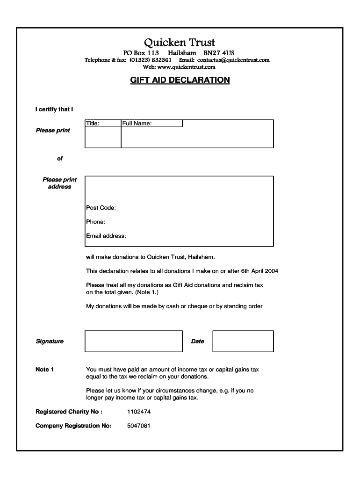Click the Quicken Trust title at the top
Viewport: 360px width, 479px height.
point(180,43)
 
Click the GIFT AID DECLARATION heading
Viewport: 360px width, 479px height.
point(180,80)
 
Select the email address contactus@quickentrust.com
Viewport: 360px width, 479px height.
point(233,60)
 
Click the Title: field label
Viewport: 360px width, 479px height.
point(92,123)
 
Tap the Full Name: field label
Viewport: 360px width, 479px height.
point(137,123)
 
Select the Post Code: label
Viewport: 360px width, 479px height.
point(101,208)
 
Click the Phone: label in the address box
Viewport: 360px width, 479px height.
point(95,222)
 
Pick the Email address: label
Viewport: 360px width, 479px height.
point(106,236)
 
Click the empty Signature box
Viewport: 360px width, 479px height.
point(133,341)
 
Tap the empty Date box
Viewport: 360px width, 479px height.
point(243,341)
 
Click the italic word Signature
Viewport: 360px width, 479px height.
point(50,341)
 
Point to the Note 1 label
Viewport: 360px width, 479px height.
point(44,370)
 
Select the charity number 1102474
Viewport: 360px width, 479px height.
point(139,412)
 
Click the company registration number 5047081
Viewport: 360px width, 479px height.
point(139,426)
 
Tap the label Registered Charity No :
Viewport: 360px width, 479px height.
point(69,412)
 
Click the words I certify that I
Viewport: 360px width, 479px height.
point(54,109)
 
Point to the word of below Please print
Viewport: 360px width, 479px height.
point(60,159)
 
